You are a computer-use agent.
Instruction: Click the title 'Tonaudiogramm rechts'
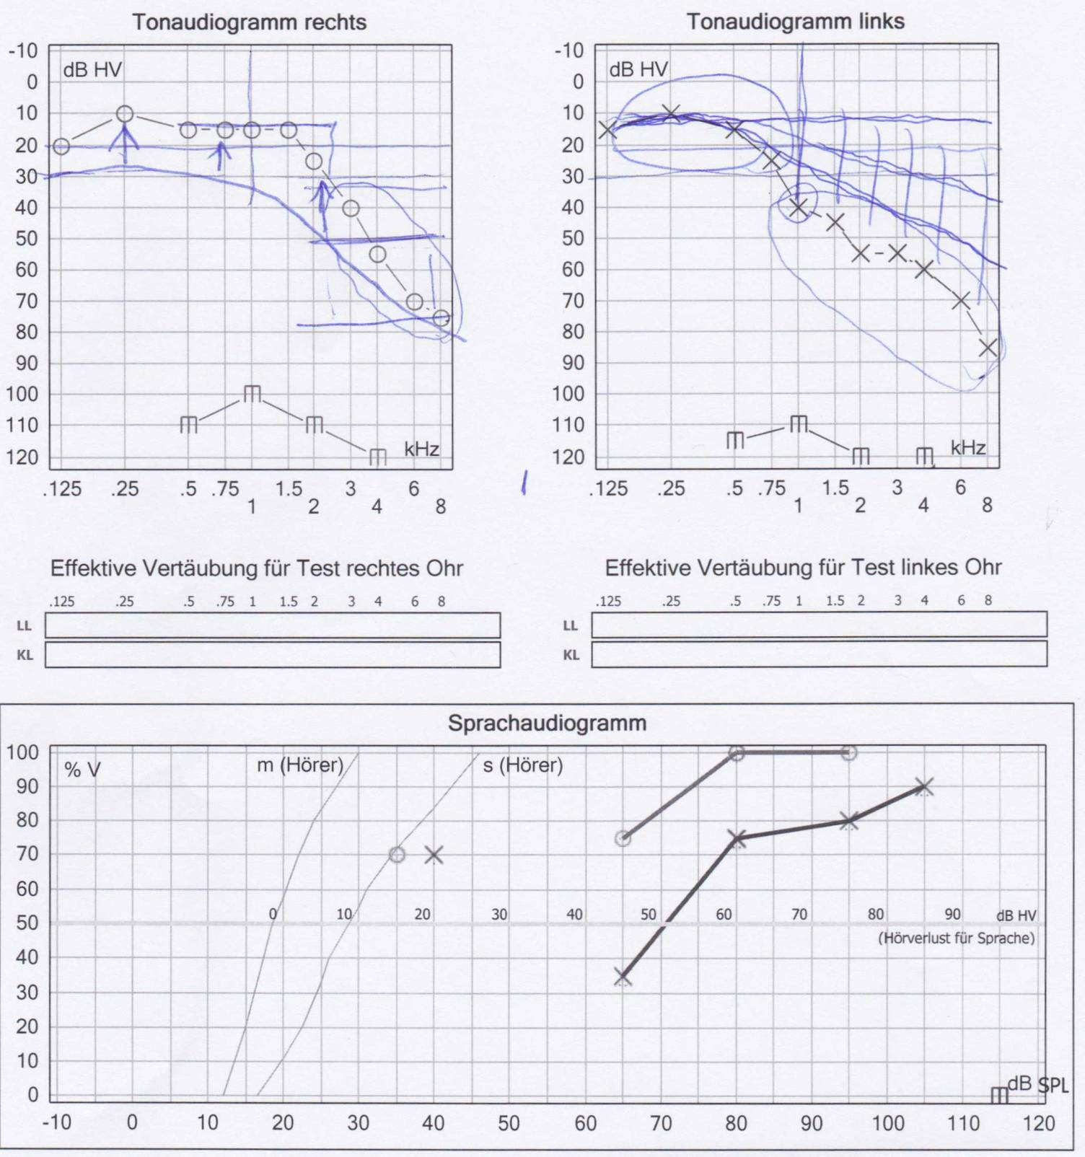click(x=249, y=22)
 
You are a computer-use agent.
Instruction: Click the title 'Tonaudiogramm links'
click(x=795, y=22)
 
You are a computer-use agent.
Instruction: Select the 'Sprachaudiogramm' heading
click(x=547, y=723)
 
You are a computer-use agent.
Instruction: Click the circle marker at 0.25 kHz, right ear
click(x=125, y=114)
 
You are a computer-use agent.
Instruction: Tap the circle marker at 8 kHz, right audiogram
click(x=441, y=318)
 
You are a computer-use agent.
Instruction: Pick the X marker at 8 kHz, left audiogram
click(x=988, y=348)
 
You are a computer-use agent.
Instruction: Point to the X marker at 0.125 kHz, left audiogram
click(x=607, y=130)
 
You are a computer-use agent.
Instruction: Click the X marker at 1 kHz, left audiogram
click(x=798, y=208)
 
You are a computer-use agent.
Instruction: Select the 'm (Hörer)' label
click(x=300, y=765)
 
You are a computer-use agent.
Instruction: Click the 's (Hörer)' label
click(x=522, y=765)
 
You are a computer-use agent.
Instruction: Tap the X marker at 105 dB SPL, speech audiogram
click(x=924, y=787)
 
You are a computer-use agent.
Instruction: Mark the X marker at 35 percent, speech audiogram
click(x=623, y=977)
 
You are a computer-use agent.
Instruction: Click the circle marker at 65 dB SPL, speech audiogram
click(x=623, y=839)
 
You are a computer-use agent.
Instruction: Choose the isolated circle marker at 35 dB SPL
click(x=397, y=855)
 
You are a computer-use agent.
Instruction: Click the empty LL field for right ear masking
click(x=273, y=625)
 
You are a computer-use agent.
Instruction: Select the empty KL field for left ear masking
click(x=819, y=655)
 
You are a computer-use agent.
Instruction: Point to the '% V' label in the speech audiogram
click(x=82, y=770)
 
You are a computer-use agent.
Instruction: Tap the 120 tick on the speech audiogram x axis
click(x=1038, y=1123)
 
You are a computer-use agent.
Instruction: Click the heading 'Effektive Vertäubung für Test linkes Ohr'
click(x=803, y=568)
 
